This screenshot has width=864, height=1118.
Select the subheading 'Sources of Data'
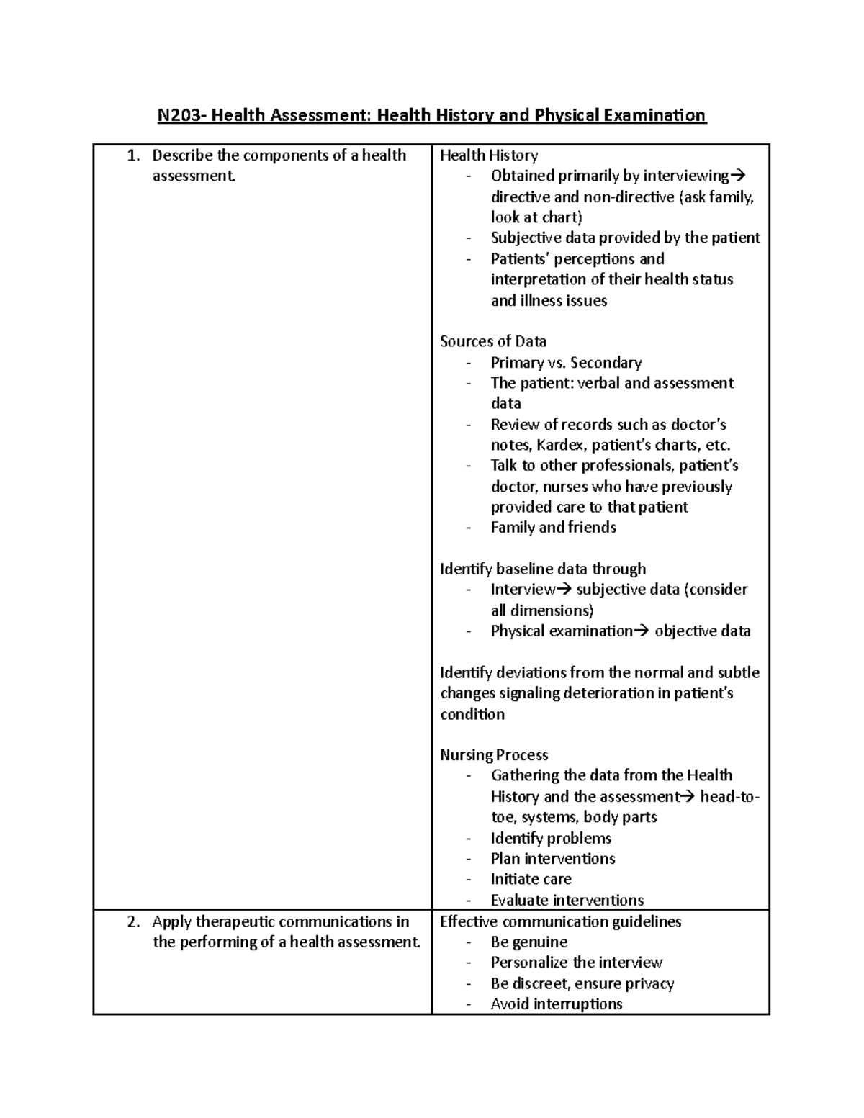493,341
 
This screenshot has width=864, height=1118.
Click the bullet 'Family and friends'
553,528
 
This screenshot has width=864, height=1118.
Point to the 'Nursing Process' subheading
494,755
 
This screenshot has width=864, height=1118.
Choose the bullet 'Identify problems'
551,838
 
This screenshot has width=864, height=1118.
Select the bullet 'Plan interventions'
553,859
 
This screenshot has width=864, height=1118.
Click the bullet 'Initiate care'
531,879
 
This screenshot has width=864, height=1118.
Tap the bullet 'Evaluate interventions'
567,900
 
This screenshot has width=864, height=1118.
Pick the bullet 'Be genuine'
528,942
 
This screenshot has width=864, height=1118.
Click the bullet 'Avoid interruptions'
556,1004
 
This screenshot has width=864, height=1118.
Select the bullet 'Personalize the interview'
576,963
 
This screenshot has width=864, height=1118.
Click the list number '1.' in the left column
132,155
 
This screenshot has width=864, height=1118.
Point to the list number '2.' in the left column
132,921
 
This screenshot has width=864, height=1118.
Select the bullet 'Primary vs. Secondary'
566,362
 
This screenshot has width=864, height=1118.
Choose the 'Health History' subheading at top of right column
489,155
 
